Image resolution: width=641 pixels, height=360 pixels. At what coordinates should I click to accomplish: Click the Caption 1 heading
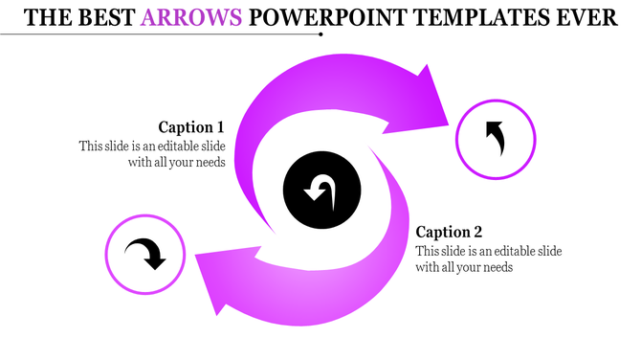point(191,126)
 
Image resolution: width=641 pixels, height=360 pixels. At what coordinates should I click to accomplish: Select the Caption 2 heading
point(450,232)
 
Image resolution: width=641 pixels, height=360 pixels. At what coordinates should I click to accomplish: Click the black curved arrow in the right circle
point(495,139)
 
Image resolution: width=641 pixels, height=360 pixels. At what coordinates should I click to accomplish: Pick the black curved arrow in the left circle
point(146,254)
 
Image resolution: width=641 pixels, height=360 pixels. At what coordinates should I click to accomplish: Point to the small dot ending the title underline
point(320,34)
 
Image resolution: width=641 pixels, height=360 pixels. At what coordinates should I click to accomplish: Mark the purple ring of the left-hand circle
point(107,254)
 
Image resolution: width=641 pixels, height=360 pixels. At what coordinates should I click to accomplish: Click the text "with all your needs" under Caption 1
point(177,162)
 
